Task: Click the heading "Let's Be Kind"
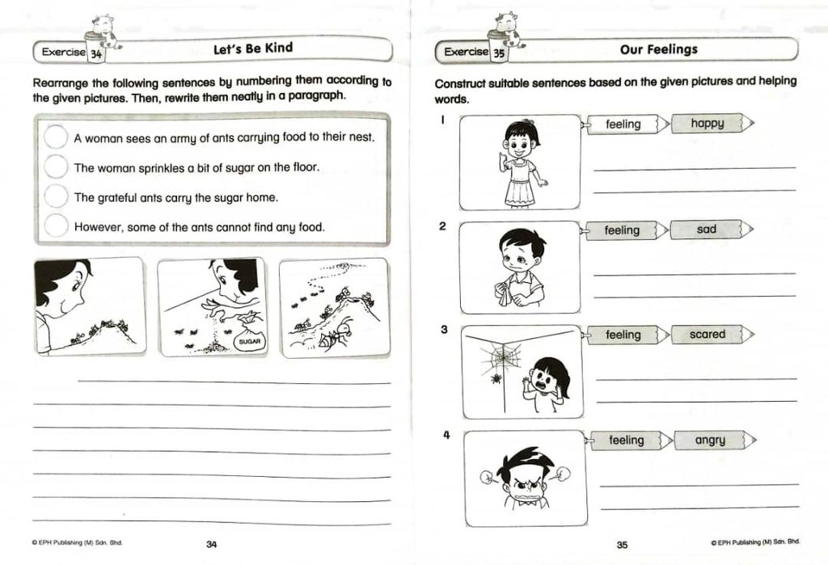click(x=253, y=48)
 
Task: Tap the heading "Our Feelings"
click(x=658, y=49)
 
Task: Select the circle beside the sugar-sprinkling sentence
click(x=56, y=167)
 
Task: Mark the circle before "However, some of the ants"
click(x=56, y=226)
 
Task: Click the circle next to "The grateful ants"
click(x=56, y=196)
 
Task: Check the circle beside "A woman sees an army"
click(x=56, y=137)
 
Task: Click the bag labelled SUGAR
click(x=249, y=335)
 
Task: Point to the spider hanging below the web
click(x=496, y=378)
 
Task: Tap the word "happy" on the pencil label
click(x=707, y=123)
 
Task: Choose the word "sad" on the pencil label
click(x=706, y=230)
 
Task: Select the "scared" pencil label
click(x=712, y=335)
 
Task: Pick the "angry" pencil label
click(x=715, y=440)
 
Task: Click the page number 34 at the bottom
click(x=211, y=544)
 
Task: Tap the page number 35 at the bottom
click(x=622, y=545)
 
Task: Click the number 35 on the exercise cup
click(x=498, y=53)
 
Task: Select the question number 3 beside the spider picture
click(x=444, y=329)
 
